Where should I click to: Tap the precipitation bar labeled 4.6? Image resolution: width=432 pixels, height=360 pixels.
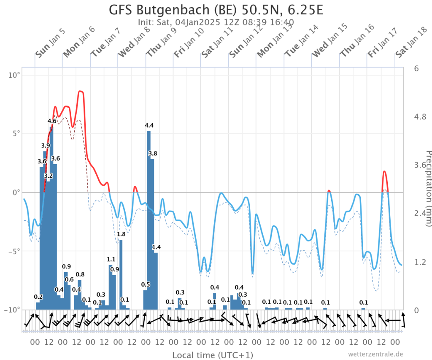pyautogui.click(x=51, y=218)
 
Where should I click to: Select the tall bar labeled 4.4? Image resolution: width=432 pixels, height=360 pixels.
pyautogui.click(x=148, y=220)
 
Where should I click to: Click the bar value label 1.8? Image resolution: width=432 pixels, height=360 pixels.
pyautogui.click(x=121, y=234)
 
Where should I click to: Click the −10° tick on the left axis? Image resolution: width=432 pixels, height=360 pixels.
pyautogui.click(x=12, y=310)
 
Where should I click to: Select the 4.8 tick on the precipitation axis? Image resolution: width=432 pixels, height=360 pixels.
pyautogui.click(x=420, y=117)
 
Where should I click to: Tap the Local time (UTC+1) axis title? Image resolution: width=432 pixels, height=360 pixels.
pyautogui.click(x=213, y=355)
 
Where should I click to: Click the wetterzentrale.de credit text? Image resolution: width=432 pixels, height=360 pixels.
pyautogui.click(x=375, y=354)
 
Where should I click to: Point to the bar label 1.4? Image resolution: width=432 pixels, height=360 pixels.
pyautogui.click(x=157, y=247)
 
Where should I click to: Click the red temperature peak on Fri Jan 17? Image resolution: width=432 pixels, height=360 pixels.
pyautogui.click(x=384, y=171)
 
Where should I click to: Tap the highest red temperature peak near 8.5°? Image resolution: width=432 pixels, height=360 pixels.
pyautogui.click(x=81, y=91)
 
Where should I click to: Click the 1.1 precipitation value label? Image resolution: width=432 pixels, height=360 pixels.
pyautogui.click(x=111, y=260)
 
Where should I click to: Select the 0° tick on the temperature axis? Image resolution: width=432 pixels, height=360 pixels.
pyautogui.click(x=16, y=192)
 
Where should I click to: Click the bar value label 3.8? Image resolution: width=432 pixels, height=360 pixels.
pyautogui.click(x=153, y=154)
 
